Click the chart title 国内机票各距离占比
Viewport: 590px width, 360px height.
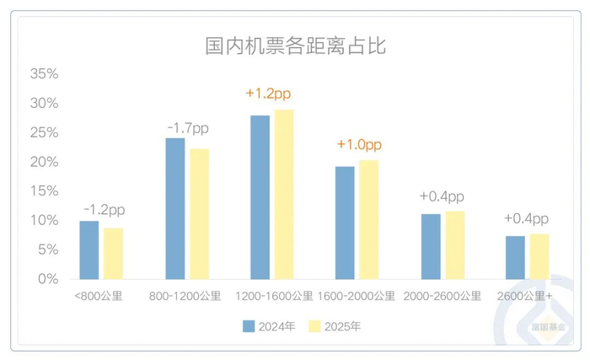(295, 46)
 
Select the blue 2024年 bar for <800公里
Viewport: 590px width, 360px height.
(88, 250)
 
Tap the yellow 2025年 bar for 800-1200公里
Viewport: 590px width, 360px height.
(199, 214)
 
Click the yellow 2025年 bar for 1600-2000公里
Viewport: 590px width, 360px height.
(369, 220)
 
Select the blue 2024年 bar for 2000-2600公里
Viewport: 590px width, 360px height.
(431, 246)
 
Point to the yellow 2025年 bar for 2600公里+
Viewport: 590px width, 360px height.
(539, 256)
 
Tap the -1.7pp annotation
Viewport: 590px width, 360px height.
(187, 128)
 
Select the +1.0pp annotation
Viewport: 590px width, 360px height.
(358, 145)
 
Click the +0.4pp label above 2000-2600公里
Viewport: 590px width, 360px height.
(442, 196)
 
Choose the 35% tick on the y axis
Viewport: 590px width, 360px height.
(45, 74)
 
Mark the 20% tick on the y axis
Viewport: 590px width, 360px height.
(45, 162)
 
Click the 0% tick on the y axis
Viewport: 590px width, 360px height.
(48, 279)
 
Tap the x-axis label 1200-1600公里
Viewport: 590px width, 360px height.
(274, 297)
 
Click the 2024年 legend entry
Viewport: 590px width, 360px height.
(267, 325)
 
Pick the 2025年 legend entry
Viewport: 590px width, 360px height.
(335, 325)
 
